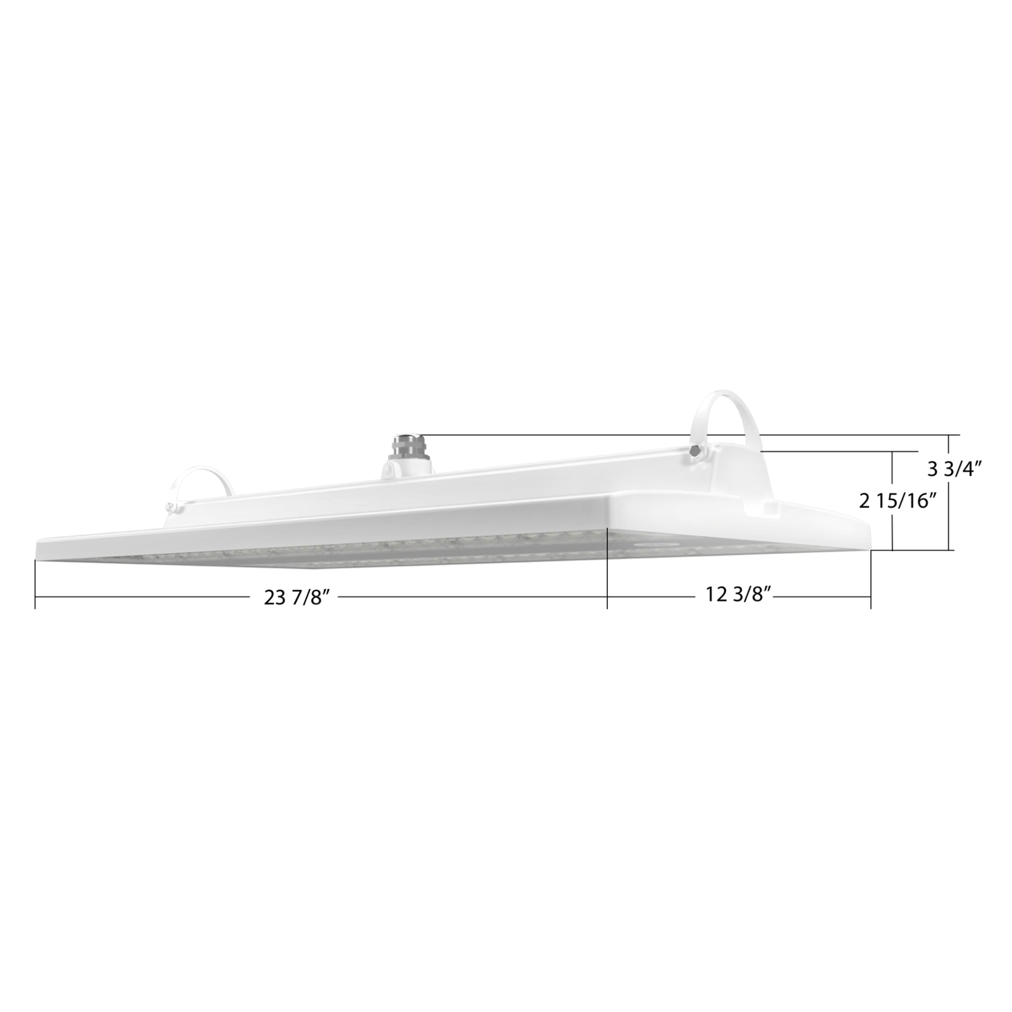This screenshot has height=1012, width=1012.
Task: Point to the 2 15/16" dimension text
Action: pyautogui.click(x=897, y=501)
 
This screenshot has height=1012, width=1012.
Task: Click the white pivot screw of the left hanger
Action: pyautogui.click(x=170, y=506)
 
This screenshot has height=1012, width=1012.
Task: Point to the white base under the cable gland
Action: pyautogui.click(x=407, y=466)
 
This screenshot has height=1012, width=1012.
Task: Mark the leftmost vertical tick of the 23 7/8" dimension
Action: pyautogui.click(x=35, y=584)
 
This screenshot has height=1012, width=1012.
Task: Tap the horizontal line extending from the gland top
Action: pyautogui.click(x=576, y=435)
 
